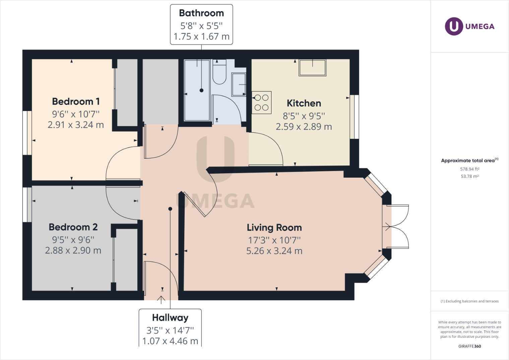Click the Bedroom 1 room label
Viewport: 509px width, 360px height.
click(x=76, y=101)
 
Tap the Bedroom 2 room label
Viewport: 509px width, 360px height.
click(x=73, y=227)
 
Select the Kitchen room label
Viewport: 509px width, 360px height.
click(x=304, y=103)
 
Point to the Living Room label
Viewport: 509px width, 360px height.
click(x=274, y=228)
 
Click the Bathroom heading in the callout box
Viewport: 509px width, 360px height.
click(x=201, y=13)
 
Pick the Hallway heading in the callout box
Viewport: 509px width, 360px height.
click(x=170, y=317)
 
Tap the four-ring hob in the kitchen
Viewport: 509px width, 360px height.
click(x=262, y=103)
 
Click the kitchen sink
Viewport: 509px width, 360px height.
click(x=312, y=67)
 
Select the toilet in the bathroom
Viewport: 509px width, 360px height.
click(x=219, y=72)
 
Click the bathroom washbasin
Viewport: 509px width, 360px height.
click(x=239, y=84)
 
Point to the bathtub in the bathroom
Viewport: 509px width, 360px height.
click(x=197, y=90)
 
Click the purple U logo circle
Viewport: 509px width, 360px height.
click(x=454, y=26)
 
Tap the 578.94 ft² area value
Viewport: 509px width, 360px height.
click(x=470, y=169)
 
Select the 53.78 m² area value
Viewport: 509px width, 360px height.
click(x=470, y=176)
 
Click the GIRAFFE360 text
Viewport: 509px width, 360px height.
click(x=470, y=346)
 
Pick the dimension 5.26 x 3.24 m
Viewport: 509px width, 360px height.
click(x=274, y=251)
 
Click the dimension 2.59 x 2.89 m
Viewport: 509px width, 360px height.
click(x=304, y=127)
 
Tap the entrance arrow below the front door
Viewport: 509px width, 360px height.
click(x=161, y=300)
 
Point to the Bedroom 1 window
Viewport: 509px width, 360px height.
click(x=27, y=133)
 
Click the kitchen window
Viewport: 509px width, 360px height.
click(x=354, y=117)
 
